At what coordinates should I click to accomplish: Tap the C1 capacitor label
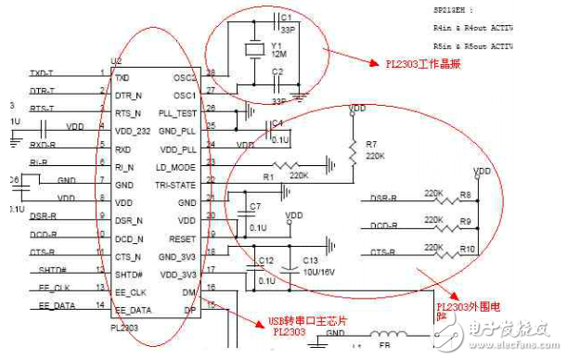[286, 17]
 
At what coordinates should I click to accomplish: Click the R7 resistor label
[371, 144]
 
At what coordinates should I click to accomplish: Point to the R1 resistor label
[267, 175]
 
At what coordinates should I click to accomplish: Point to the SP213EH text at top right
[451, 9]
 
